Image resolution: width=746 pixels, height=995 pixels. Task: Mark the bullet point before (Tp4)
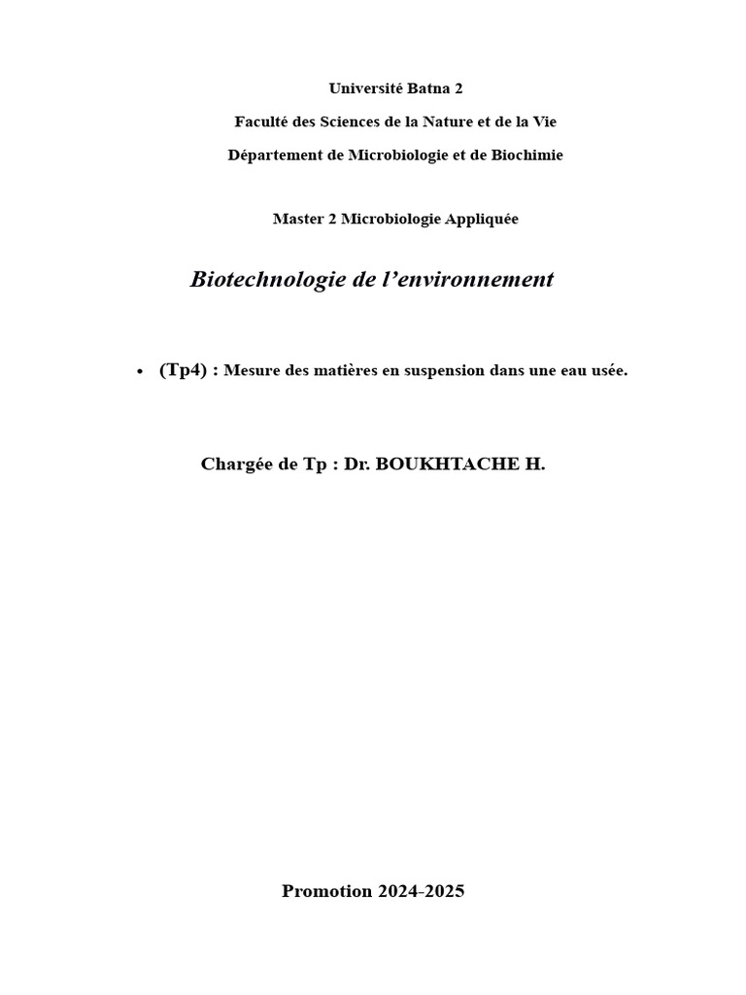click(140, 372)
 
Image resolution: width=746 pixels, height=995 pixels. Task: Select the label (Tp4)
click(183, 371)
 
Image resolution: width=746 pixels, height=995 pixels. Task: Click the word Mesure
click(250, 371)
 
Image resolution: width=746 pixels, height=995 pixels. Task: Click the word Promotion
click(326, 891)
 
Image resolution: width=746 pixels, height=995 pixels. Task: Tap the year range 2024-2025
click(421, 891)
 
